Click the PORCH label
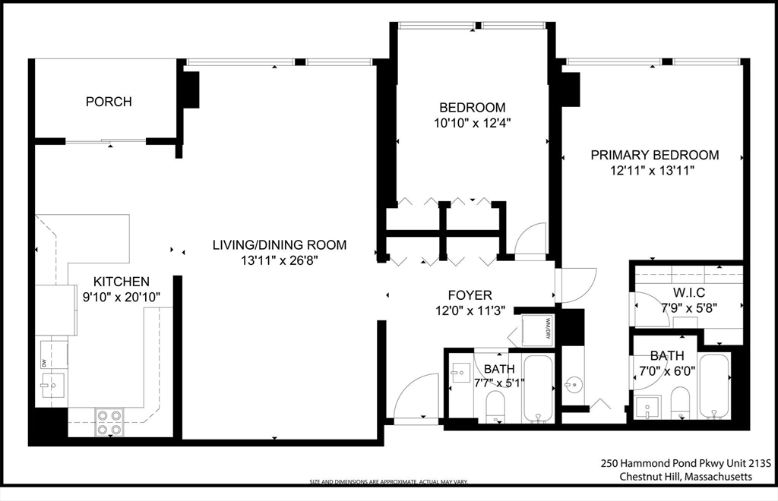point(109,102)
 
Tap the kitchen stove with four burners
point(109,422)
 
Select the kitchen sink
point(51,385)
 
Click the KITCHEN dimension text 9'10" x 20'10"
point(122,297)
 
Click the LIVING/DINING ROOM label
point(279,245)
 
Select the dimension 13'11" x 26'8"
point(279,261)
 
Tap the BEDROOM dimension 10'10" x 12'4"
point(473,123)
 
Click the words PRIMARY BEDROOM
point(655,155)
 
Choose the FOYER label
point(470,295)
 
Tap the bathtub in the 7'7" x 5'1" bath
point(540,389)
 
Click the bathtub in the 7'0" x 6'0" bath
point(714,385)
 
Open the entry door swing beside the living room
point(413,400)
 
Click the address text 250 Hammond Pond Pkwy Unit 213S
point(686,462)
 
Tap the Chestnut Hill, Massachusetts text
point(686,477)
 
